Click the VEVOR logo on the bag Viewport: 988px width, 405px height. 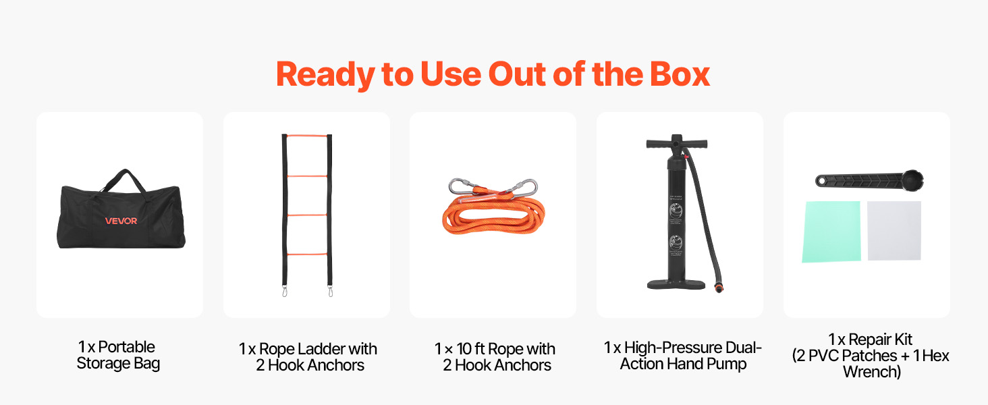click(121, 221)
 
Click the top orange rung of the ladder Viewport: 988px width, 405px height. click(307, 136)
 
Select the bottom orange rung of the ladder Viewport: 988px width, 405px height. click(307, 254)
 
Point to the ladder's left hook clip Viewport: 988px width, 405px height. click(285, 291)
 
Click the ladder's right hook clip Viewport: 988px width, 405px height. click(331, 291)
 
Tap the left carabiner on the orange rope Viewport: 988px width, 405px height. click(462, 186)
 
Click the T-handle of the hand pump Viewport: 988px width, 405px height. click(677, 143)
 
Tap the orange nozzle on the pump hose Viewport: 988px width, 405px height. click(719, 288)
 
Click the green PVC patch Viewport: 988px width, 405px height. click(831, 232)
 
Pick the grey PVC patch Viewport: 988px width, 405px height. click(894, 231)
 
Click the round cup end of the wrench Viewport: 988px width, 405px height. click(912, 180)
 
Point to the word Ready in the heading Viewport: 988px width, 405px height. click(325, 75)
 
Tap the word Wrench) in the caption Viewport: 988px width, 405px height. click(872, 372)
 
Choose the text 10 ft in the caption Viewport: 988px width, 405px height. click(470, 349)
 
